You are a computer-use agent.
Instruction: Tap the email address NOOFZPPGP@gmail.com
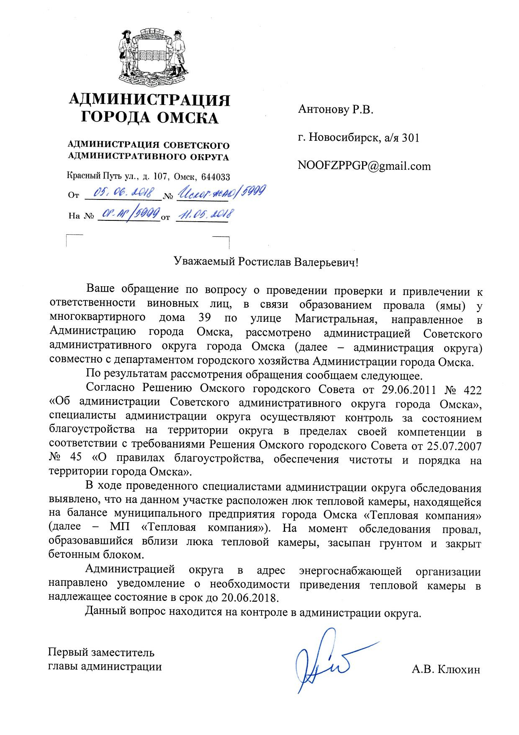pyautogui.click(x=364, y=166)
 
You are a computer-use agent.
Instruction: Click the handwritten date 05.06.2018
pyautogui.click(x=124, y=193)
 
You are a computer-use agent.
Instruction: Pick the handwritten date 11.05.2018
pyautogui.click(x=204, y=215)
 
